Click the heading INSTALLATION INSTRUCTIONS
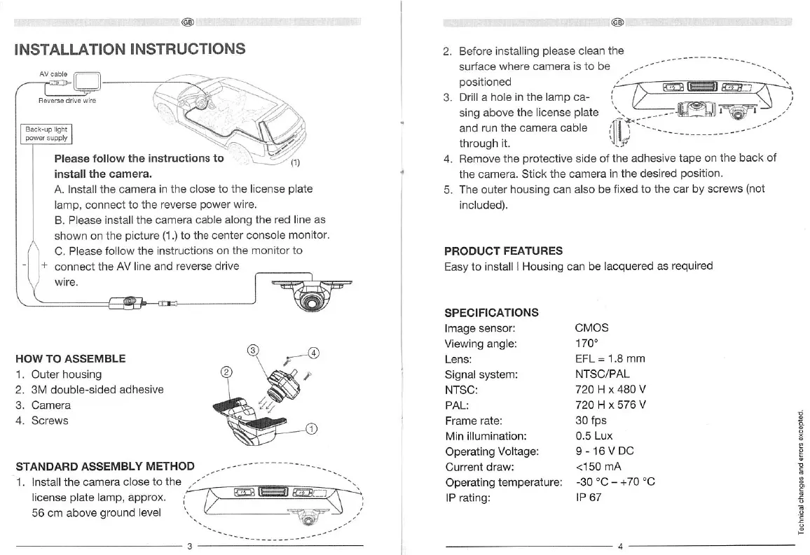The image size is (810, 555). [x=130, y=49]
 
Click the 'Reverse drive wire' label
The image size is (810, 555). [x=67, y=101]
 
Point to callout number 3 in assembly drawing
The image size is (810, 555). [x=254, y=350]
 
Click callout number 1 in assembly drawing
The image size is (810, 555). [x=312, y=429]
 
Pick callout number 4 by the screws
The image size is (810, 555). [x=313, y=352]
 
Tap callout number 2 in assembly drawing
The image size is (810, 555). [x=226, y=372]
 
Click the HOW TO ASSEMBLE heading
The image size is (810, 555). [x=71, y=358]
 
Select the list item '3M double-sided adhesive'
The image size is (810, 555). [x=90, y=390]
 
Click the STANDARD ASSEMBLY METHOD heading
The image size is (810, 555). [x=104, y=467]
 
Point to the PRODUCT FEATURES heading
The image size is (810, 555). [x=503, y=251]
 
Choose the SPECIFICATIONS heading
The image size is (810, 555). [x=491, y=312]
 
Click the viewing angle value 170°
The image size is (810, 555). [x=586, y=344]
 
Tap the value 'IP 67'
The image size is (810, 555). [x=589, y=498]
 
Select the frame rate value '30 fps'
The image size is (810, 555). [x=591, y=421]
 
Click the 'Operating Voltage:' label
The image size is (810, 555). [x=491, y=451]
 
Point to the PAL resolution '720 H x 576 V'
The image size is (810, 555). [x=610, y=405]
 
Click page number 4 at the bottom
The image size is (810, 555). [x=620, y=546]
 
